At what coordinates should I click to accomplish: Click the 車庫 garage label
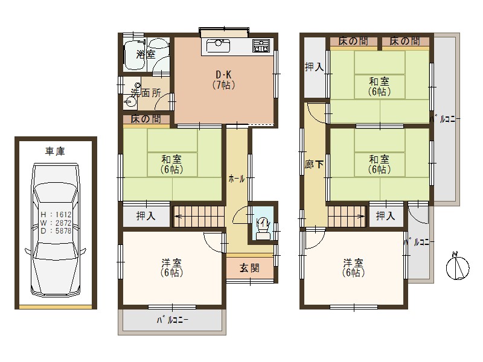56,151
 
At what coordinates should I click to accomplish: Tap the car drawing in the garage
56,232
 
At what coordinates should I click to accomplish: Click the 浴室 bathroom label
146,54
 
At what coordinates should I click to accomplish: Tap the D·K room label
223,75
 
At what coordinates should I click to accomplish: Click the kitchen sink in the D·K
218,45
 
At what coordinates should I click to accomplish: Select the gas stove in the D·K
261,45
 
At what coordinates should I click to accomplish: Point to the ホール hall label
237,179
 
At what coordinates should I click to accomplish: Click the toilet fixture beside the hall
263,228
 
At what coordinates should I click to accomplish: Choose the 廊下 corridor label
313,164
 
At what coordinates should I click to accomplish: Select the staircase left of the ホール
199,216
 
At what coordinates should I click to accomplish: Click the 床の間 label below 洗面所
146,119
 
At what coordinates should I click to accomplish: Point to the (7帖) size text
223,85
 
